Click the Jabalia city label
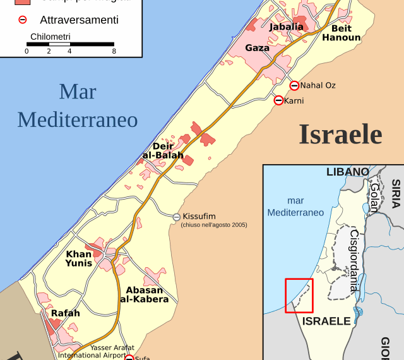pos(286,27)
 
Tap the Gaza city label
pos(257,48)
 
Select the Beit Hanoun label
pos(341,33)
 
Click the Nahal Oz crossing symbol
pos(294,86)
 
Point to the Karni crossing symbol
pos(278,100)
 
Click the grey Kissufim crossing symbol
pos(177,217)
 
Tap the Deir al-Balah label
pos(163,151)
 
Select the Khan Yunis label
pos(79,259)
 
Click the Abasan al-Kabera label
pos(144,295)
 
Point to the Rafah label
pos(66,313)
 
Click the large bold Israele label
pos(340,135)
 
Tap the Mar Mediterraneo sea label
pos(78,105)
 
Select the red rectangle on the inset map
pos(299,295)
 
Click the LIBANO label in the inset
pos(347,172)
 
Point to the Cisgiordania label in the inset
pos(354,260)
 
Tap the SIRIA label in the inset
pos(396,193)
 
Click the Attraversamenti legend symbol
pos(22,20)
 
